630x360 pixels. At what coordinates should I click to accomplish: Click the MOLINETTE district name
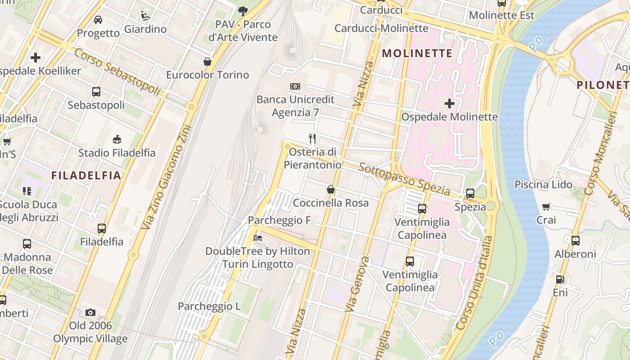coord(417,53)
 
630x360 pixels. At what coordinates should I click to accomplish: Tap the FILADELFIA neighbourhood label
coord(86,175)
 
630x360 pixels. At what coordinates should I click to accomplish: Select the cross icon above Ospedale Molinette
coord(449,103)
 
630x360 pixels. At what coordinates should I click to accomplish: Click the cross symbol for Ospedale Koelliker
coord(36,58)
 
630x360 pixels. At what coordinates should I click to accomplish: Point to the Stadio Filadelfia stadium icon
coord(117,139)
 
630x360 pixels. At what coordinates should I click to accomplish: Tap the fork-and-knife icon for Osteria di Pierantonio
coord(312,138)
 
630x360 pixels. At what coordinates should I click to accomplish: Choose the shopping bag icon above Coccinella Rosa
coord(331,189)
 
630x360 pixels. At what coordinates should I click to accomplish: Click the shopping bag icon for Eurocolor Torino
coord(207,61)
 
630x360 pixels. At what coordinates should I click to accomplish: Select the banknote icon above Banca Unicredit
coord(295,86)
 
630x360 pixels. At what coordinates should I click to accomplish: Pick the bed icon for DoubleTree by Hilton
coord(258,237)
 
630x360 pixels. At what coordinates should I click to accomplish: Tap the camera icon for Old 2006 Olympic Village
coord(90,312)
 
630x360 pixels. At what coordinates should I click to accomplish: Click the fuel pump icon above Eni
coord(560,279)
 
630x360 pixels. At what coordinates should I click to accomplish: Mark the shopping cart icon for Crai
coord(546,207)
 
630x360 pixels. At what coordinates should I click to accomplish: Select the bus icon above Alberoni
coord(576,240)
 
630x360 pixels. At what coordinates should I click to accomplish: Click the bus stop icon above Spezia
coord(470,193)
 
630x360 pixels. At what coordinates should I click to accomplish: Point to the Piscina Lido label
coord(543,184)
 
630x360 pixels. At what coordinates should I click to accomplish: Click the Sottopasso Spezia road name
coord(405,180)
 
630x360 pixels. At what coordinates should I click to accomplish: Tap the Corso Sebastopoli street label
coord(117,72)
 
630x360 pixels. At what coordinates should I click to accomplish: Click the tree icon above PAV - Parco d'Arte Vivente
coord(243,10)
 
